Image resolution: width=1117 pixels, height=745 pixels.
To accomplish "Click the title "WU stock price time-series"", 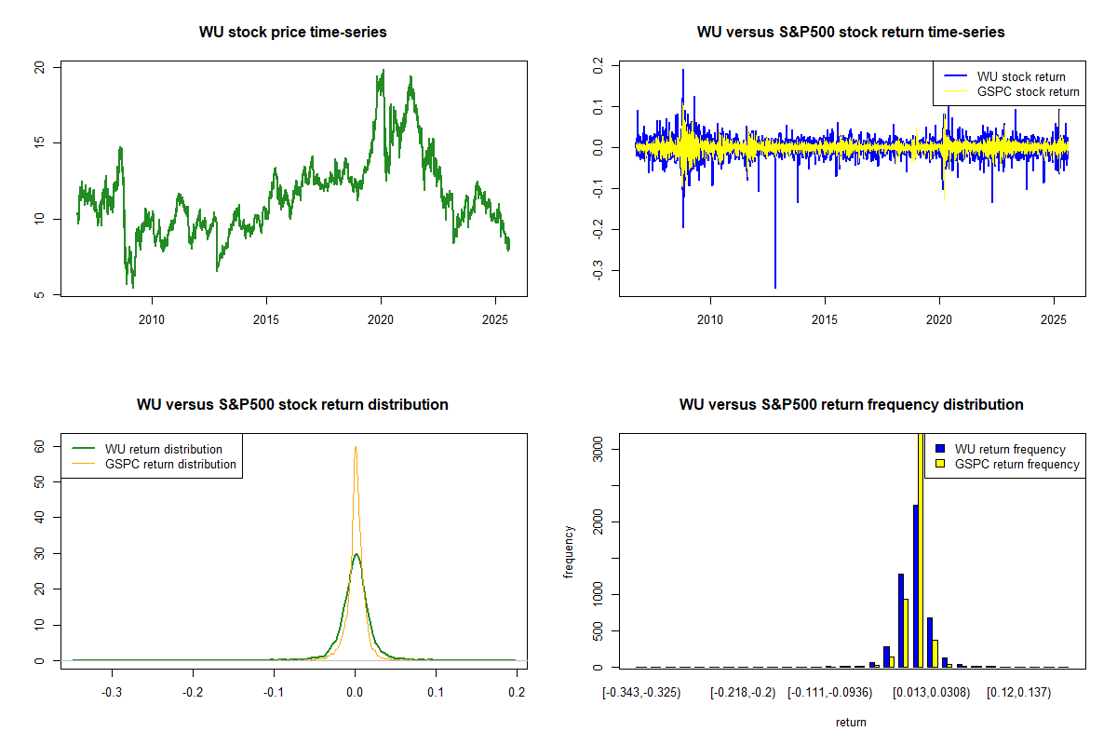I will point(292,33).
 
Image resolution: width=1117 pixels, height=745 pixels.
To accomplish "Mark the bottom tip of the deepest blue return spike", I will point(775,288).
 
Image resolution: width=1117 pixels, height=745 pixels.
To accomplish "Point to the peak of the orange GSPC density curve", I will point(355,447).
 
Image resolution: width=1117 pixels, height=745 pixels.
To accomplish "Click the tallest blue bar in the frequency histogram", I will point(916,587).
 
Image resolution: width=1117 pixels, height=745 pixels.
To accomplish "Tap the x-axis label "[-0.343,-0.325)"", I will point(641,694).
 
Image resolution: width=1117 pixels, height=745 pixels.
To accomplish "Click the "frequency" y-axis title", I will point(569,551).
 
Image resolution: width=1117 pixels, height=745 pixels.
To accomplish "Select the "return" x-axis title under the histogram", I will point(851,723).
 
